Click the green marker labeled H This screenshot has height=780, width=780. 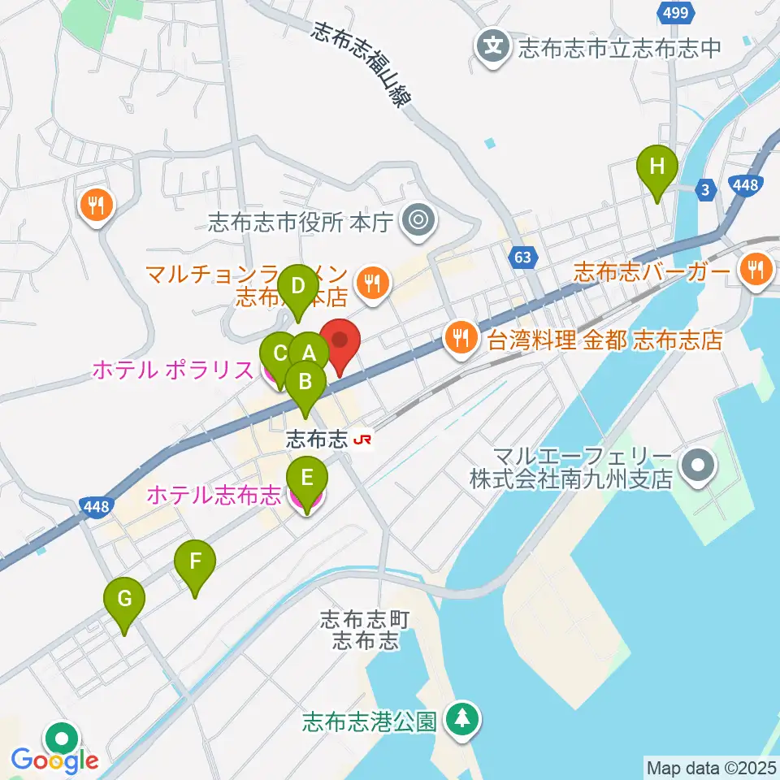click(x=657, y=169)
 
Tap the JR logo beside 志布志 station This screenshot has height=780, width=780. click(x=363, y=440)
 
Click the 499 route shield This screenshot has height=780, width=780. click(x=674, y=12)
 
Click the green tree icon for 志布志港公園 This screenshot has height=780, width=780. click(x=463, y=718)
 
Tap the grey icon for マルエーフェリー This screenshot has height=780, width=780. click(x=696, y=466)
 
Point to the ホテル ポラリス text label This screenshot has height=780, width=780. click(x=172, y=370)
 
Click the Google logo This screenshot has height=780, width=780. click(x=55, y=760)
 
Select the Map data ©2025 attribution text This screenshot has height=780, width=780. click(x=708, y=767)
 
